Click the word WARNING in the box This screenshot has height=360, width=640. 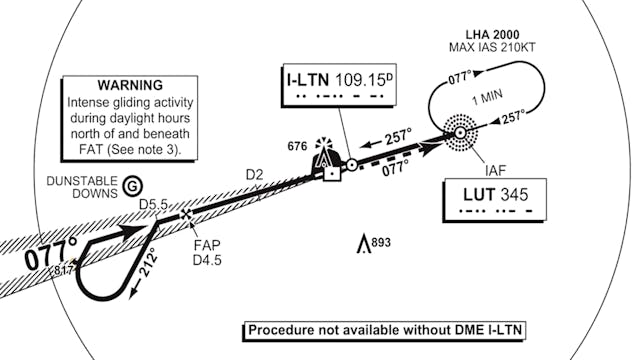click(130, 85)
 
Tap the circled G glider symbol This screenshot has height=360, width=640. click(133, 187)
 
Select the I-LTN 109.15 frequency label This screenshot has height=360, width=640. click(336, 80)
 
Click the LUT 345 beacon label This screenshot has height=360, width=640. click(496, 194)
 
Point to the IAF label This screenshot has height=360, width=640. click(496, 170)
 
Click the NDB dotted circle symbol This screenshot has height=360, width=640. click(460, 132)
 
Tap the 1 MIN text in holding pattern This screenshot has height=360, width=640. click(487, 97)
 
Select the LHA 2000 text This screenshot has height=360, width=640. click(493, 35)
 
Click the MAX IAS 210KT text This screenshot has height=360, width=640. click(492, 47)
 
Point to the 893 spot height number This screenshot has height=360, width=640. click(381, 242)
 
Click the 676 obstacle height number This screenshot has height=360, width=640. click(297, 146)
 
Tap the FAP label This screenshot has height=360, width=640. click(207, 245)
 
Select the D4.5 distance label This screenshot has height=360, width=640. click(207, 260)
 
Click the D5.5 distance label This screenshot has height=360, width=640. click(153, 204)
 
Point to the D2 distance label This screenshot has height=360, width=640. click(254, 175)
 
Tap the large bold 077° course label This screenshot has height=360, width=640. click(51, 255)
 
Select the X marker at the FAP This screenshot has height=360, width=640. click(187, 214)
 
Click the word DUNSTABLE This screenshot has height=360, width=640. click(82, 181)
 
